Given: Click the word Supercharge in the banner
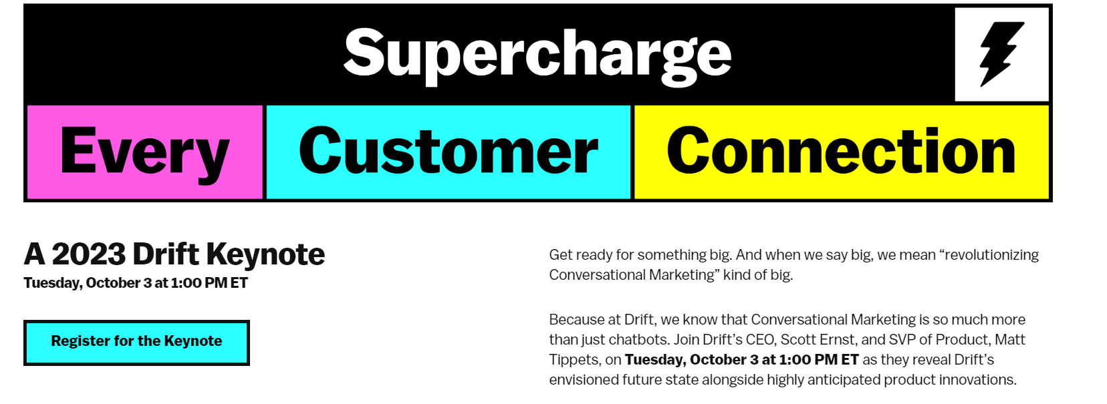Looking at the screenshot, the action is tap(537, 55).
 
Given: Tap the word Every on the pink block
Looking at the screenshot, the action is tap(145, 153).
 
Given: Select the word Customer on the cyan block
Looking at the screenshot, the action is tap(449, 150).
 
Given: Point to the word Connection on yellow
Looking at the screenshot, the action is tap(841, 150).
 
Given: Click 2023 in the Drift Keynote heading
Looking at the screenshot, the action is tap(88, 254).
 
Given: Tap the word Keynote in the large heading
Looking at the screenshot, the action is tap(265, 256).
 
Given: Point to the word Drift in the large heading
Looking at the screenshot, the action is tap(166, 254).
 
